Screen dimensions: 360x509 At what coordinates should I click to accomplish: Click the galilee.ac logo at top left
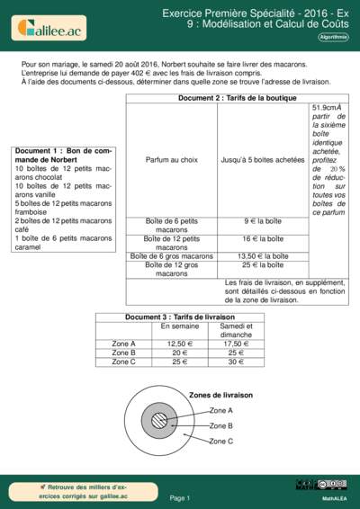click(49, 29)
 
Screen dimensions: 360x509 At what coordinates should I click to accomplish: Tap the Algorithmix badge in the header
click(334, 38)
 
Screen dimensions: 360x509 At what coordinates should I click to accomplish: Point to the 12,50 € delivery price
click(181, 344)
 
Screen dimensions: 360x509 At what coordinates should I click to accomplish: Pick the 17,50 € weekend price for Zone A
click(236, 344)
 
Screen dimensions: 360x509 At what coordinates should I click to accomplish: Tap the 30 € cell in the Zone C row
click(236, 362)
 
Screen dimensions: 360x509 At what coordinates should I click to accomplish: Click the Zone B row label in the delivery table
click(123, 353)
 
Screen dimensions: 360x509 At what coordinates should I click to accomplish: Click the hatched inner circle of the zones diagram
click(160, 421)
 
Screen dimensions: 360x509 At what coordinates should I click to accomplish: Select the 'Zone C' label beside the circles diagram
click(221, 442)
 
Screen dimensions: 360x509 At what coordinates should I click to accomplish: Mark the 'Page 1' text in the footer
click(180, 497)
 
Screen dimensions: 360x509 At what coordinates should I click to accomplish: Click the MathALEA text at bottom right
click(335, 497)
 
